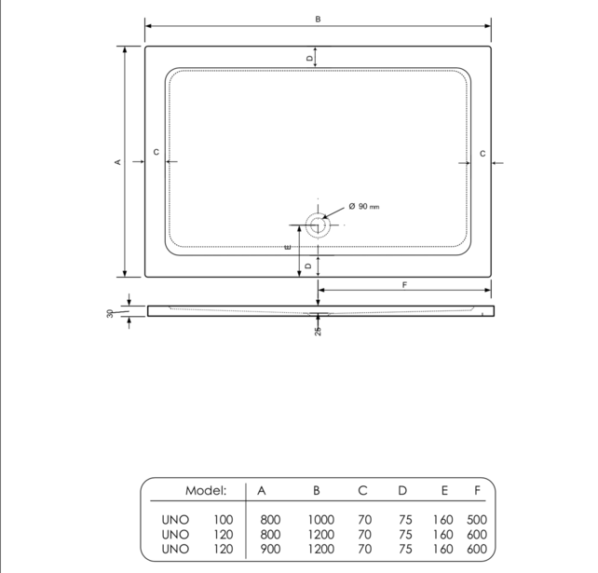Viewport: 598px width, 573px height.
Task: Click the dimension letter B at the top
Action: point(318,19)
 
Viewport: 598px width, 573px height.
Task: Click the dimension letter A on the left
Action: point(117,162)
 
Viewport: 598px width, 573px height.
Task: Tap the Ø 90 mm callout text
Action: point(364,206)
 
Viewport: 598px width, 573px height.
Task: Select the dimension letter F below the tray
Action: point(404,283)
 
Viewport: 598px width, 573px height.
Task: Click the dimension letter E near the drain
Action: point(288,246)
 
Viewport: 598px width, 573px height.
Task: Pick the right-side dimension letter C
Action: point(482,152)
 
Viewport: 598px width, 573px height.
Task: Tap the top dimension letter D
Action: point(309,58)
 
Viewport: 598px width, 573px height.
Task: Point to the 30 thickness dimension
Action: point(110,313)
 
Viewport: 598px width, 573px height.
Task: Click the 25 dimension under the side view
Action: point(318,331)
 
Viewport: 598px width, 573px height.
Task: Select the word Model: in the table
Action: point(206,490)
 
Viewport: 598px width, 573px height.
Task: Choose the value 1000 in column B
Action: point(320,519)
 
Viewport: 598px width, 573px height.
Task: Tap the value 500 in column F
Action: point(476,519)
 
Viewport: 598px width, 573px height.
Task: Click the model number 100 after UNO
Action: point(224,519)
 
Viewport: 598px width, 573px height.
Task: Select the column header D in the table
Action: point(402,490)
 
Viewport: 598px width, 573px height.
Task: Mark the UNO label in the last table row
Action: point(174,549)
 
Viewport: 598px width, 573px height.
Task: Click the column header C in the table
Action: point(362,490)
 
